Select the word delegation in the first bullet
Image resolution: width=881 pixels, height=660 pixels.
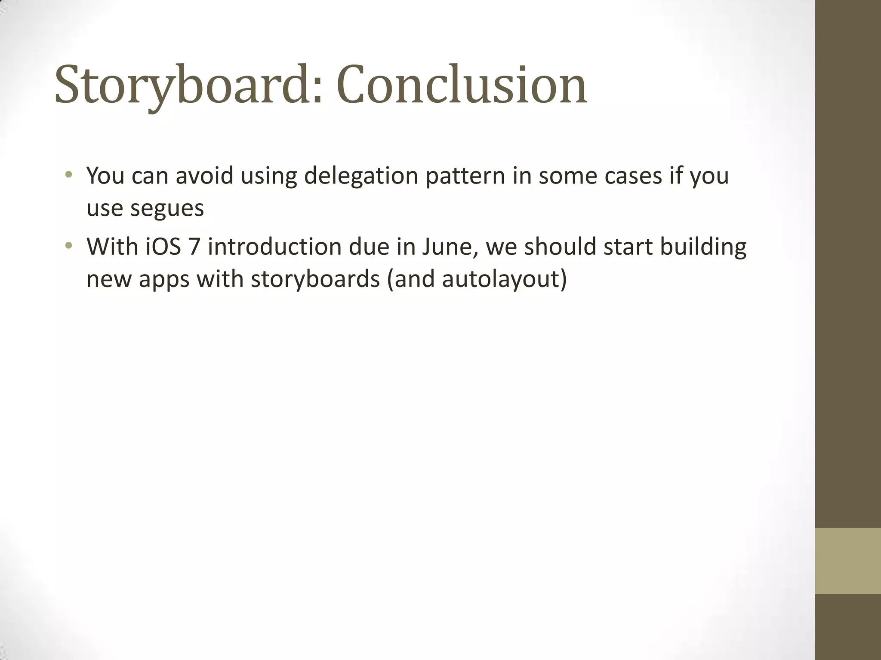click(361, 176)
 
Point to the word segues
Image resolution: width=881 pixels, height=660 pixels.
click(166, 208)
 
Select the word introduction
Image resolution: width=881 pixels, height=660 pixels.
click(274, 247)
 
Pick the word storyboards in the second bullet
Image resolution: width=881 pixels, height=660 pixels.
click(315, 279)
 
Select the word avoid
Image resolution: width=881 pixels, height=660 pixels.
click(204, 176)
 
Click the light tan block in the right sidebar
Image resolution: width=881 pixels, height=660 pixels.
click(848, 561)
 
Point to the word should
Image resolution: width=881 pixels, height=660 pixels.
click(560, 247)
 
